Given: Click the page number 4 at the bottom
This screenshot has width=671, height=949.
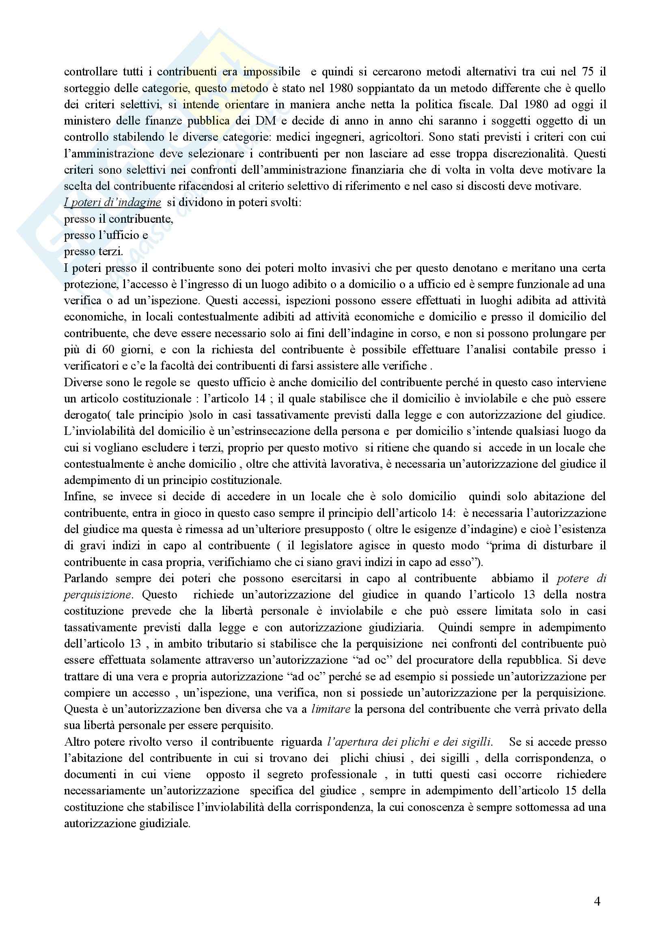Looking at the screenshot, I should pos(597,902).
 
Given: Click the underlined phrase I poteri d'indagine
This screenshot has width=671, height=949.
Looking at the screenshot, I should pos(112,202).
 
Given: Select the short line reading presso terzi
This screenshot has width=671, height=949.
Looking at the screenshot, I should pos(93,251).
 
